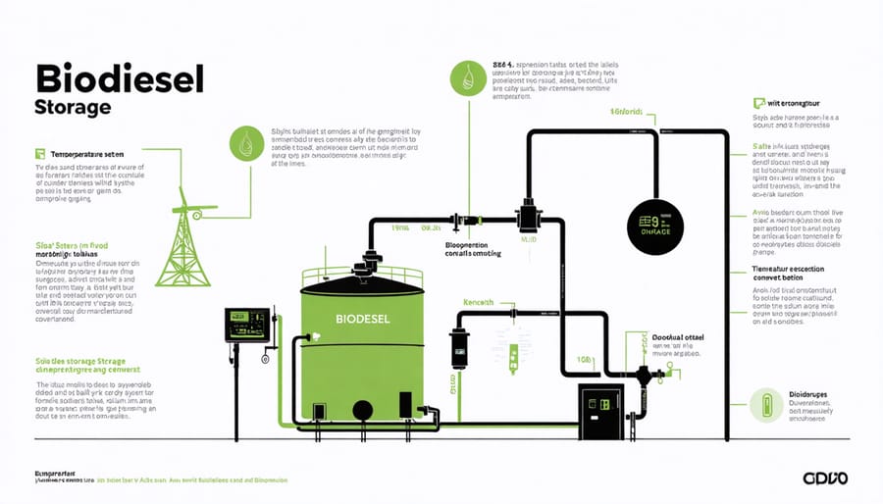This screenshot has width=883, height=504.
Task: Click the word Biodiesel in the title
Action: [x=118, y=79]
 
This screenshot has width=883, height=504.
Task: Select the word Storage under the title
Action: [x=73, y=107]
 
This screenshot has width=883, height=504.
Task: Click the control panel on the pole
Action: [x=246, y=324]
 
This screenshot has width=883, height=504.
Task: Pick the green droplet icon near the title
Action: [x=244, y=143]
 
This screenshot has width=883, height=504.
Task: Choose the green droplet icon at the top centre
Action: [x=466, y=77]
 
